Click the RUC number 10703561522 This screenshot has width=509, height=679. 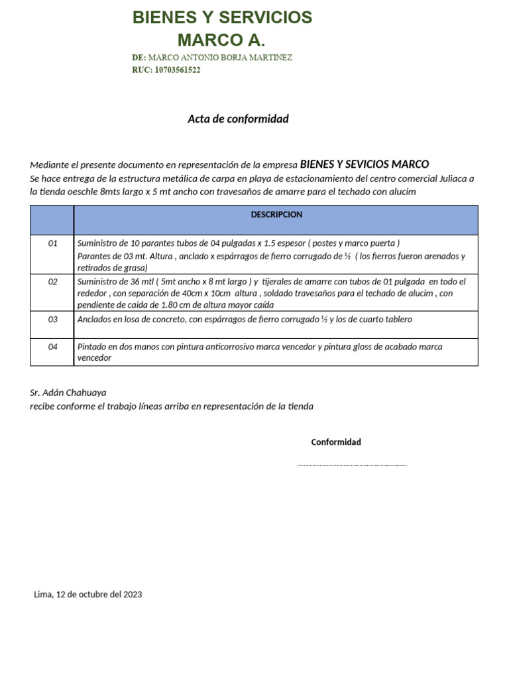(177, 70)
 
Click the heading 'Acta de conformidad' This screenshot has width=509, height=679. (238, 119)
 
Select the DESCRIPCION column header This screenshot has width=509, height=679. (276, 215)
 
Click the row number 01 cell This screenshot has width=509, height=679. (53, 243)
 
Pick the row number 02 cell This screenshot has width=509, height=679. (53, 282)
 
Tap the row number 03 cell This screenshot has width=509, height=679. (53, 320)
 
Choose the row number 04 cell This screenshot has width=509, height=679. (53, 347)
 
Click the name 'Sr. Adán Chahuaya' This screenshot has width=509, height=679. (68, 393)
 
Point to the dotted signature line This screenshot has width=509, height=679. (351, 465)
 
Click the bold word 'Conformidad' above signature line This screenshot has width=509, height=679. (336, 442)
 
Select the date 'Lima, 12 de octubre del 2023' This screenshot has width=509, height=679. (88, 595)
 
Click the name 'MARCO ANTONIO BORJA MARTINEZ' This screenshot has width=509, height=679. (220, 58)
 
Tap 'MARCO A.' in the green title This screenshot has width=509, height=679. (221, 40)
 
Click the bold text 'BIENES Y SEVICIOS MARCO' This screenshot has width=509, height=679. (365, 164)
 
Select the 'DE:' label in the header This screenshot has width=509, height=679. (139, 58)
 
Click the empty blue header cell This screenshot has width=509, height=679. (52, 220)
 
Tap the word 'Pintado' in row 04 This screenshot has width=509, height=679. (92, 347)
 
